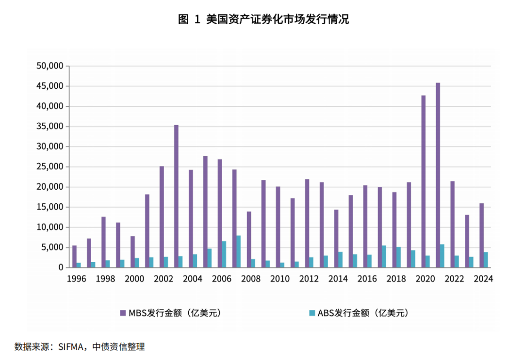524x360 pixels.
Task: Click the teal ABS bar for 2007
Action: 239,251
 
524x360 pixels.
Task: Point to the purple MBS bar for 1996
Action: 74,256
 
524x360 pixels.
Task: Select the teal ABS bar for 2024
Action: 486,260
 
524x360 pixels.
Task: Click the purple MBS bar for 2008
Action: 249,239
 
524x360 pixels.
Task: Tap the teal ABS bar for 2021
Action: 442,256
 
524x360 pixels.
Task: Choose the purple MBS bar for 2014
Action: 336,238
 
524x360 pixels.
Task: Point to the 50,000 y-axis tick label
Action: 50,66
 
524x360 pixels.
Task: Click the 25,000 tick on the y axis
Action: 50,166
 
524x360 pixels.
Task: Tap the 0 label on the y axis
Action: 62,267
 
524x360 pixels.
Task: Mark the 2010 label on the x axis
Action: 279,279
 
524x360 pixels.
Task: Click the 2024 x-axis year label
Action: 483,279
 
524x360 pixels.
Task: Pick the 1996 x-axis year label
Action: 76,279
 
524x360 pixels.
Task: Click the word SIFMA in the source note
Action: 71,347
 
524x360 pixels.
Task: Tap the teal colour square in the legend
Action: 312,313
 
